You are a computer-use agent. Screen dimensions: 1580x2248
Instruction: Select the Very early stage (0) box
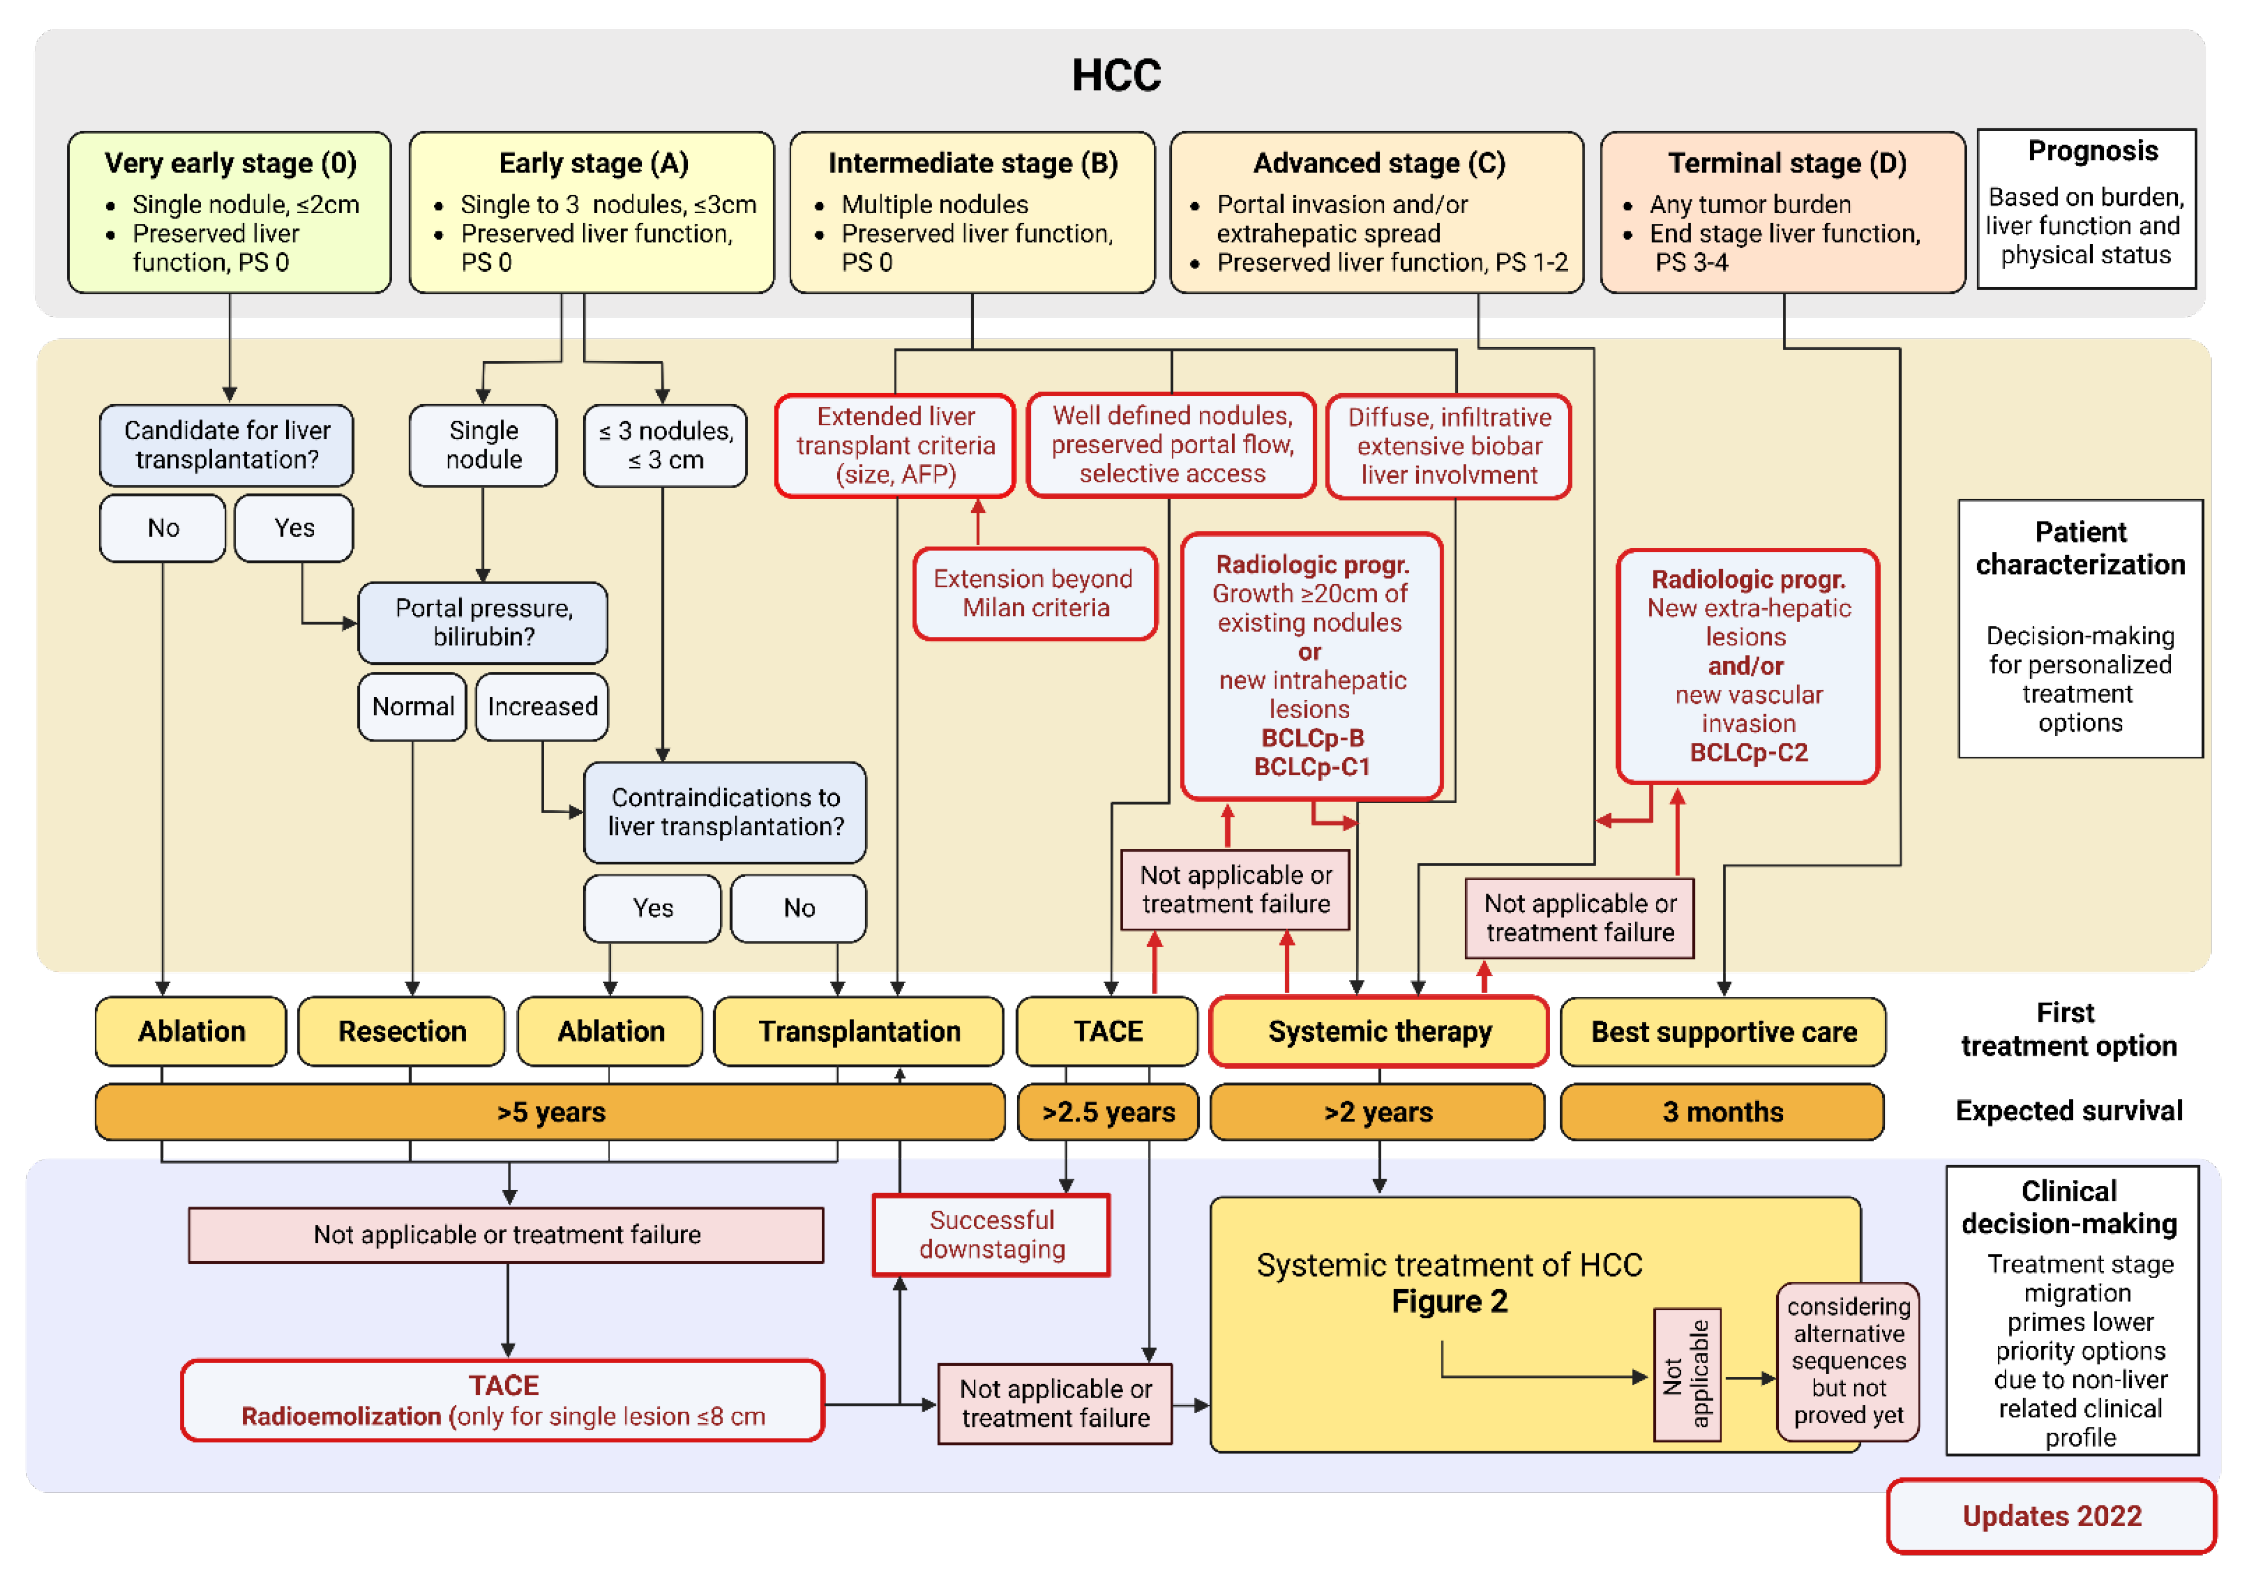point(229,212)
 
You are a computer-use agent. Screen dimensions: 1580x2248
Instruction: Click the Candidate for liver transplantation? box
point(226,445)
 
